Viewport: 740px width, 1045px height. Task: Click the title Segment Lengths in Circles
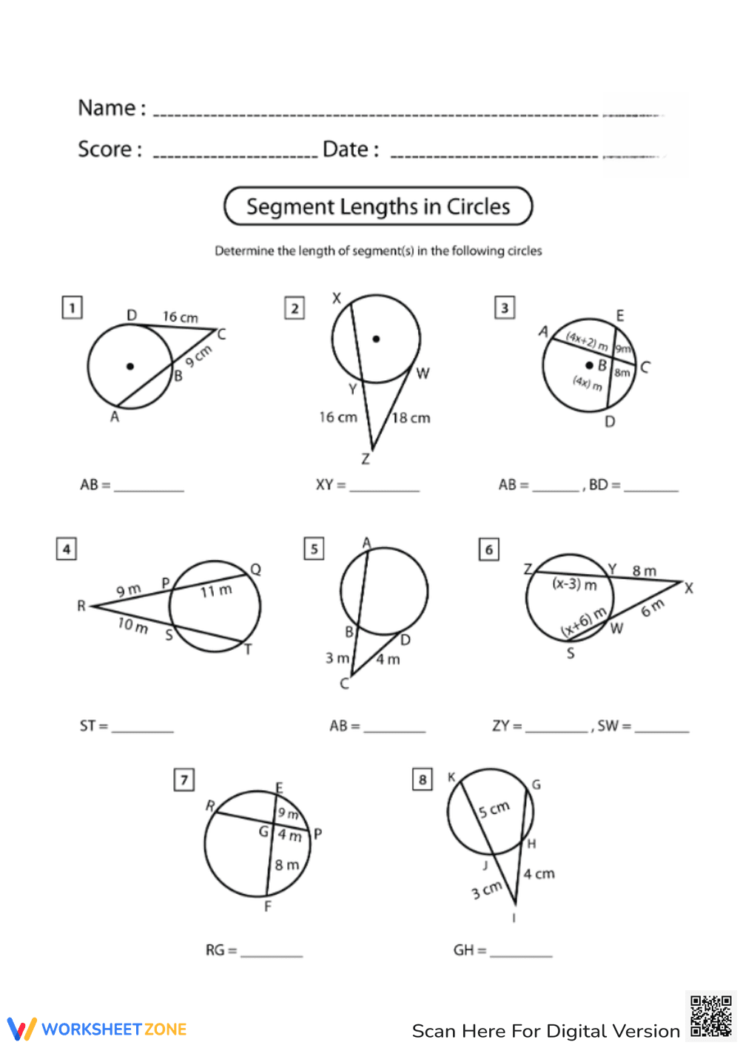(x=378, y=206)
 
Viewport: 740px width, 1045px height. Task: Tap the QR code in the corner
(x=710, y=1016)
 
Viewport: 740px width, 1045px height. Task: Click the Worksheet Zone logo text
(x=114, y=1029)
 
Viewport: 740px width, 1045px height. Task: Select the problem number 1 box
(x=72, y=308)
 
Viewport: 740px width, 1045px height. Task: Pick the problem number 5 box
(x=314, y=549)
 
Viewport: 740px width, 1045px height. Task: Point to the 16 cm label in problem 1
(x=181, y=317)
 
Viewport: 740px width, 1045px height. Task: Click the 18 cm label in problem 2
(x=411, y=418)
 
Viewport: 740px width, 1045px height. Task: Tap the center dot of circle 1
(x=130, y=366)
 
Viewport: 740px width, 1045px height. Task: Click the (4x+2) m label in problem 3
(x=586, y=342)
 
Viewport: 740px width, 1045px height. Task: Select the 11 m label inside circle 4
(x=216, y=591)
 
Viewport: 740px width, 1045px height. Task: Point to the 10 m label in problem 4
(x=133, y=626)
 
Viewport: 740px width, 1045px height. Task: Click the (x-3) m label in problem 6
(x=574, y=584)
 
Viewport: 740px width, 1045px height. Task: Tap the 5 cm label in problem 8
(x=494, y=808)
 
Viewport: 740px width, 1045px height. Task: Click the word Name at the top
(x=107, y=108)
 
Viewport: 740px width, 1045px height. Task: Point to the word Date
(x=346, y=149)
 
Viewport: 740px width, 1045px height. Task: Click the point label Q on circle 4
(x=256, y=569)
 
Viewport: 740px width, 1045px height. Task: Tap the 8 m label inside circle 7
(x=287, y=865)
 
